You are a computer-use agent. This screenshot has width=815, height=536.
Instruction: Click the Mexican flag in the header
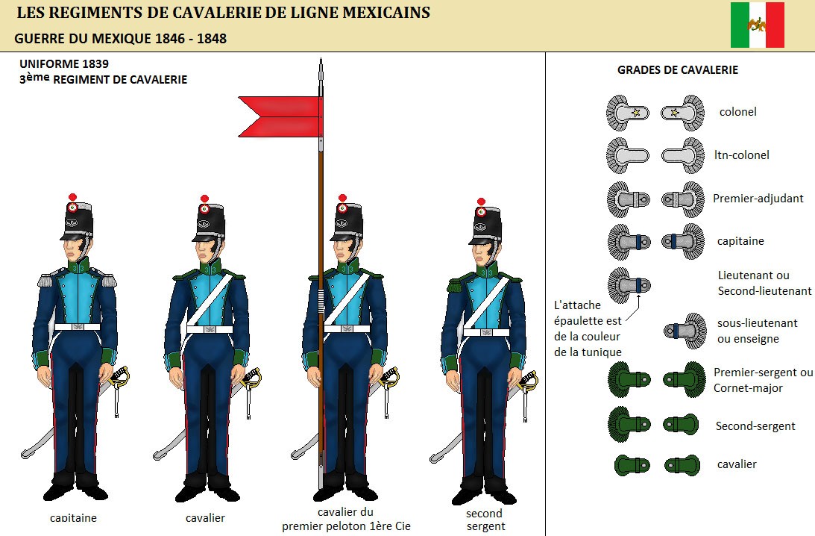click(x=758, y=25)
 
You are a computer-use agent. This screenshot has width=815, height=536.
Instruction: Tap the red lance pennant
click(x=280, y=116)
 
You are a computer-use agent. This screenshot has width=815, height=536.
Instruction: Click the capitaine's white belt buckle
click(x=78, y=327)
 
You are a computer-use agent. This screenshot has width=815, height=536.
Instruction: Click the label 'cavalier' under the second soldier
click(x=205, y=518)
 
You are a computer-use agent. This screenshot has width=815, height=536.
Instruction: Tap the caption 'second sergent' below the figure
click(x=485, y=520)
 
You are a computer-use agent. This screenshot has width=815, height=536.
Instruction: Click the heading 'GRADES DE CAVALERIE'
click(x=678, y=69)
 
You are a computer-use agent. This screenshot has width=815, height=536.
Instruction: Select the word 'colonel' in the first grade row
click(x=737, y=112)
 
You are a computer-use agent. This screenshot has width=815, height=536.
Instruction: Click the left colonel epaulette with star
click(x=627, y=113)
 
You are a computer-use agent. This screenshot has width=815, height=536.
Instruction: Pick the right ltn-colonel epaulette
click(x=683, y=155)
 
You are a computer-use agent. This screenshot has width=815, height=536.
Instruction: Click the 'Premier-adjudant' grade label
click(x=758, y=199)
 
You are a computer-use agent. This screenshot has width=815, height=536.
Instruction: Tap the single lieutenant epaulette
click(x=629, y=285)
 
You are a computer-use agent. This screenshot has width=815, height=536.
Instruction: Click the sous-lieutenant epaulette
click(x=685, y=331)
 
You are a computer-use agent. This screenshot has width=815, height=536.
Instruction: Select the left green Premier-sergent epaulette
click(x=629, y=380)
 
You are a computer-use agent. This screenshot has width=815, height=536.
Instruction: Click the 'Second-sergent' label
click(x=755, y=426)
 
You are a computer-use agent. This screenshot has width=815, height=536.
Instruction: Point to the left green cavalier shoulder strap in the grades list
click(x=632, y=464)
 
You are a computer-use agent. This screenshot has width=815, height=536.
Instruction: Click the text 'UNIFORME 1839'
click(x=64, y=64)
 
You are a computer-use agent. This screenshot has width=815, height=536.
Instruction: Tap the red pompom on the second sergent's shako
click(x=481, y=202)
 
